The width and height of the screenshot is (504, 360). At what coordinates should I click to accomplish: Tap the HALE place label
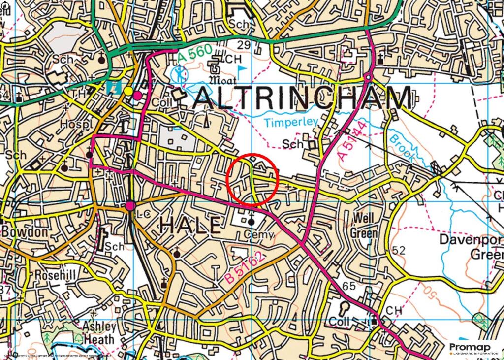(x=190, y=226)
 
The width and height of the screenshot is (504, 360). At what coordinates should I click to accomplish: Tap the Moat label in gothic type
(x=222, y=80)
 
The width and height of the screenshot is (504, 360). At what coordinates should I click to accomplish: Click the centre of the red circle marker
(x=252, y=180)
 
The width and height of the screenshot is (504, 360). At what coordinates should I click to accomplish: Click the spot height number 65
(x=348, y=286)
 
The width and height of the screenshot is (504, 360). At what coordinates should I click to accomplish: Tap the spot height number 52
(x=399, y=251)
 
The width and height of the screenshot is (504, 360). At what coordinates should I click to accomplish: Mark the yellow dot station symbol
(x=128, y=91)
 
